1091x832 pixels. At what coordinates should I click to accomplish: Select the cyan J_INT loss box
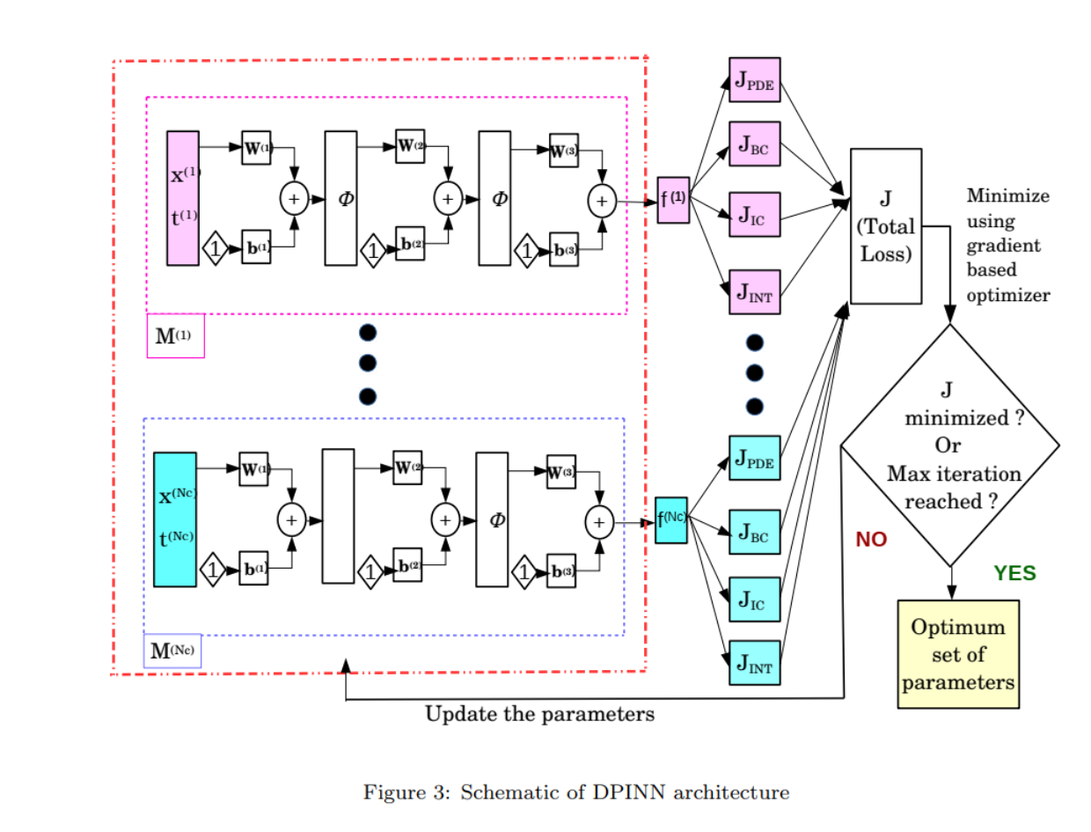tap(754, 664)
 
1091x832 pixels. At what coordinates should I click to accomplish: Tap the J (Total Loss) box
tap(885, 226)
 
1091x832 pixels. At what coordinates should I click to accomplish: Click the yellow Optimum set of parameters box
tap(957, 654)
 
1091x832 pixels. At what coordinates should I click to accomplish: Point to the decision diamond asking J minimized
tap(950, 445)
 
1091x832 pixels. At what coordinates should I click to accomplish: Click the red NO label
tap(871, 540)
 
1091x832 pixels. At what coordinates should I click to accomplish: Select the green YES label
tap(1014, 573)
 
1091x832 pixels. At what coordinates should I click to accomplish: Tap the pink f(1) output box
tap(673, 200)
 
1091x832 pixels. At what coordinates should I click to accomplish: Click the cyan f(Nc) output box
tap(671, 519)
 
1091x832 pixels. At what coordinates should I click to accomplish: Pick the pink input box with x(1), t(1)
tap(183, 198)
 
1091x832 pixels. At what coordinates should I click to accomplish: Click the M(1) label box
tap(175, 335)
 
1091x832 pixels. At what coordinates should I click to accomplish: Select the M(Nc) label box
tap(172, 652)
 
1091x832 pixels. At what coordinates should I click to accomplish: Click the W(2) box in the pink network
tap(411, 145)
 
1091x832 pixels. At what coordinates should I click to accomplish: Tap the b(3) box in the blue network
tap(561, 571)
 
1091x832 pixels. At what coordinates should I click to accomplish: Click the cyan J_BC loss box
tap(754, 532)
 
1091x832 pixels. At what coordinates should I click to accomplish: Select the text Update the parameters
tap(539, 714)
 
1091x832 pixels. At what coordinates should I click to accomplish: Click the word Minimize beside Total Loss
tap(1007, 195)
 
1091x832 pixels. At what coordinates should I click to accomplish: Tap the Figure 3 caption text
tap(576, 792)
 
